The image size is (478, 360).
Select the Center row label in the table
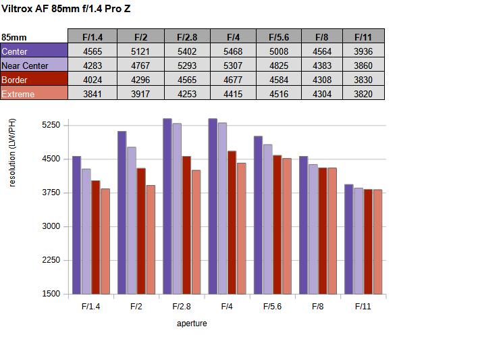tap(34, 51)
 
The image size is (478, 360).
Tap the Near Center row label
tap(34, 65)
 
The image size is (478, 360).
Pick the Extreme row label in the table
tap(34, 94)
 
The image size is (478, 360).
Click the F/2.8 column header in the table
tap(186, 36)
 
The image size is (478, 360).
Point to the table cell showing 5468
tap(232, 51)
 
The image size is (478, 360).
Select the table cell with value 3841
tap(92, 94)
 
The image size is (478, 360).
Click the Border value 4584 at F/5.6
tap(279, 80)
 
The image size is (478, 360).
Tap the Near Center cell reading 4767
tap(140, 65)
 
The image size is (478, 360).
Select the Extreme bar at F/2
tap(151, 240)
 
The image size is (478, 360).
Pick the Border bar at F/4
tap(232, 222)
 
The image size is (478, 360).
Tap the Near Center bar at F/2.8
tap(177, 209)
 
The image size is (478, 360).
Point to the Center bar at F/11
tap(349, 239)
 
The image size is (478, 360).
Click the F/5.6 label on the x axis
tap(272, 307)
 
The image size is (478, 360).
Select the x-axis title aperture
tap(192, 324)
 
